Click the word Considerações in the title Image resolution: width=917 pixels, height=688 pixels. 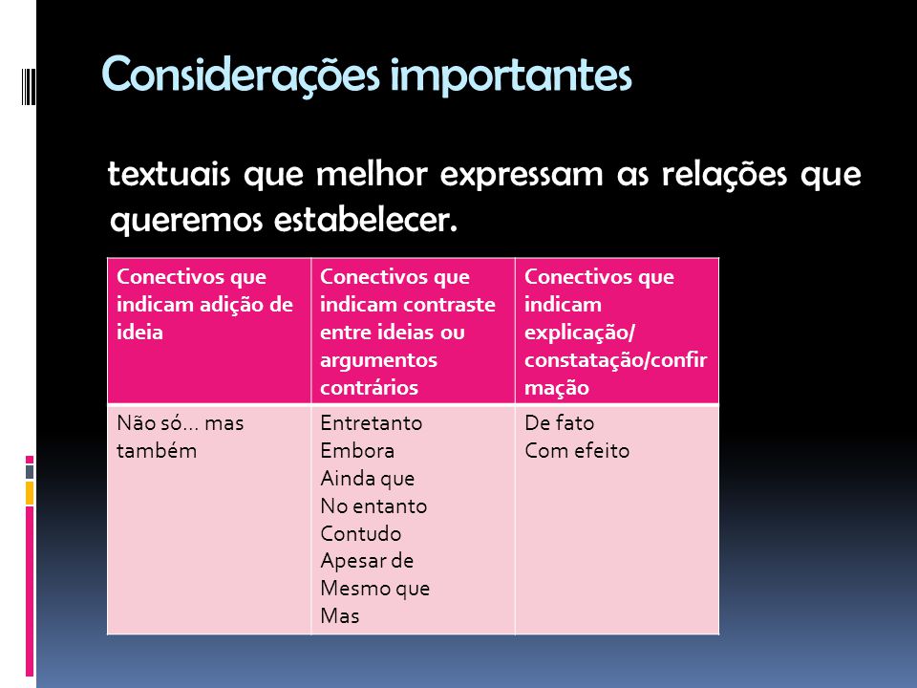pyautogui.click(x=241, y=75)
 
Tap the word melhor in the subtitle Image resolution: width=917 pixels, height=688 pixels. pyautogui.click(x=372, y=174)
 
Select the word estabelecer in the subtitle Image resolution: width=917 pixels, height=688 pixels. pyautogui.click(x=365, y=220)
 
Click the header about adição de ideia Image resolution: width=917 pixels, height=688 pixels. pyautogui.click(x=204, y=304)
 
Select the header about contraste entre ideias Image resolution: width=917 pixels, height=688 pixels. pyautogui.click(x=408, y=332)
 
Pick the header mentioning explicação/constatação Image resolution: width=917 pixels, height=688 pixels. pyautogui.click(x=616, y=332)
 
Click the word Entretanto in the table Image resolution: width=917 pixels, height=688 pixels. pyautogui.click(x=372, y=422)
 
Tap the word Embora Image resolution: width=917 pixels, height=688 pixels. pyautogui.click(x=357, y=450)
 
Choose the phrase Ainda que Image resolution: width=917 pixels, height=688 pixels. pyautogui.click(x=367, y=479)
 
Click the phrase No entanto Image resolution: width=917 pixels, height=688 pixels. pyautogui.click(x=373, y=506)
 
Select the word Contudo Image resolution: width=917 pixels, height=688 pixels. pyautogui.click(x=361, y=533)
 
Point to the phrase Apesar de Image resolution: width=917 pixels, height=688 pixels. pyautogui.click(x=367, y=561)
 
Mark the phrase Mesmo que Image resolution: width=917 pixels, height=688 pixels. pyautogui.click(x=374, y=589)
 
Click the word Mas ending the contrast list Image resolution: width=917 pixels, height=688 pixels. pyautogui.click(x=340, y=616)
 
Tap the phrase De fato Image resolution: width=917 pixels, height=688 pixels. pyautogui.click(x=559, y=422)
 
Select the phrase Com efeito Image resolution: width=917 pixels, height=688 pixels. pyautogui.click(x=577, y=450)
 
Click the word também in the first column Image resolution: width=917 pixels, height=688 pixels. pyautogui.click(x=157, y=450)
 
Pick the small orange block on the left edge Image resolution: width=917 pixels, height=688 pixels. pyautogui.click(x=30, y=493)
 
